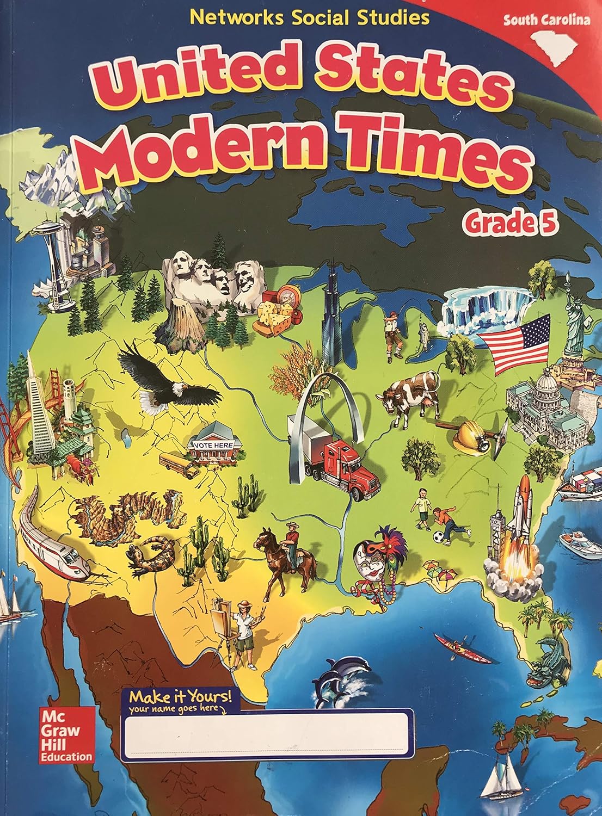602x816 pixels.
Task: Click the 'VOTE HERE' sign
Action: click(210, 444)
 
